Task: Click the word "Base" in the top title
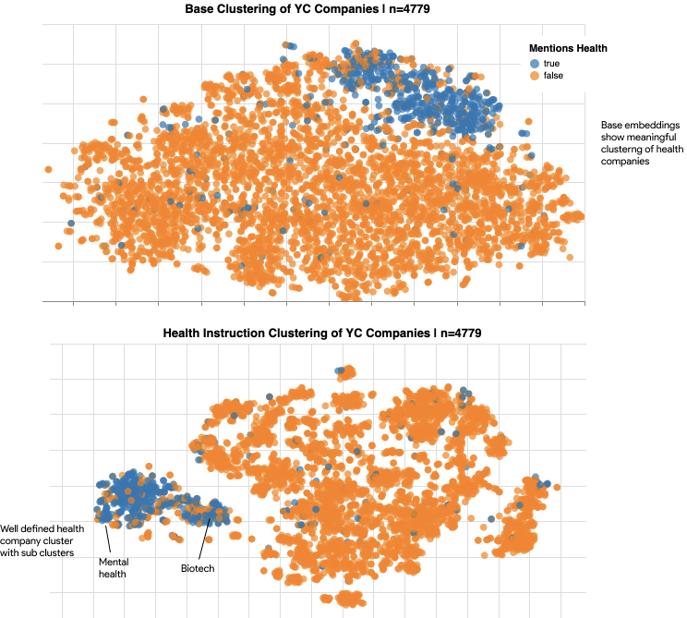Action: coord(199,9)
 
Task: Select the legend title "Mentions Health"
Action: coord(568,48)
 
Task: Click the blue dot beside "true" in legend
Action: coord(534,62)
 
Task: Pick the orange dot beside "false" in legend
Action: coord(534,75)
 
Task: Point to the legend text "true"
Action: coord(551,62)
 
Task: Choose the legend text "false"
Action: coord(553,75)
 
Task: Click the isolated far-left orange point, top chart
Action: coord(48,170)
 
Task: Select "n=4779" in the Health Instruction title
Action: coord(461,333)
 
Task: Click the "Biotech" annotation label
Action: coord(198,568)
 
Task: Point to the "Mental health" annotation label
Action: coord(112,567)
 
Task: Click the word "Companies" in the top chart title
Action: coord(352,9)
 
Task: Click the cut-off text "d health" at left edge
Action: coord(66,528)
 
